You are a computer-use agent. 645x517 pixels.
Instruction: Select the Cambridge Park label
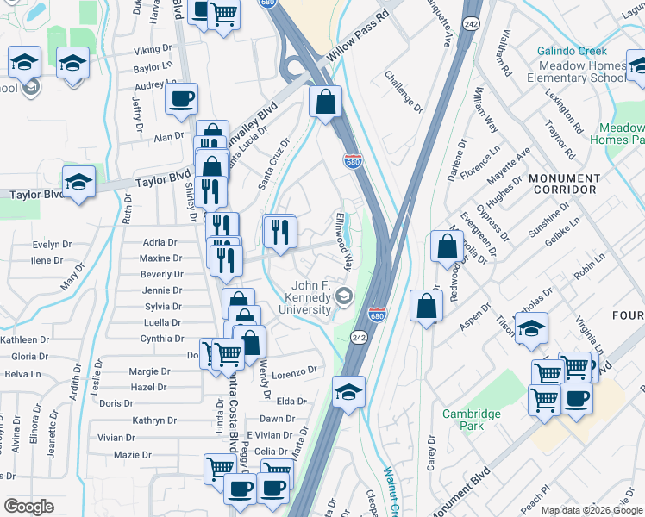[x=472, y=420]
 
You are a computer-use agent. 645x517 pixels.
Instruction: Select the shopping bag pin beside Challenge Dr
[x=326, y=103]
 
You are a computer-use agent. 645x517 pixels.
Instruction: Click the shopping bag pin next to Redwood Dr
[x=446, y=246]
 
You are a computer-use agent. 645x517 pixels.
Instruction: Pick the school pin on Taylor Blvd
[x=78, y=182]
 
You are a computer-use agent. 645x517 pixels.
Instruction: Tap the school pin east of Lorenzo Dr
[x=348, y=391]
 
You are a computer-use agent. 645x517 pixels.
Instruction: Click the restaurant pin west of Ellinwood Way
[x=279, y=230]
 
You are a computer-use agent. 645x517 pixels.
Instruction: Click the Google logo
[x=28, y=507]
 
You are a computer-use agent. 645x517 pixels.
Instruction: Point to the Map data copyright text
[x=592, y=510]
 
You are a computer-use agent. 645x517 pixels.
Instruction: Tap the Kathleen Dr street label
[x=24, y=340]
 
